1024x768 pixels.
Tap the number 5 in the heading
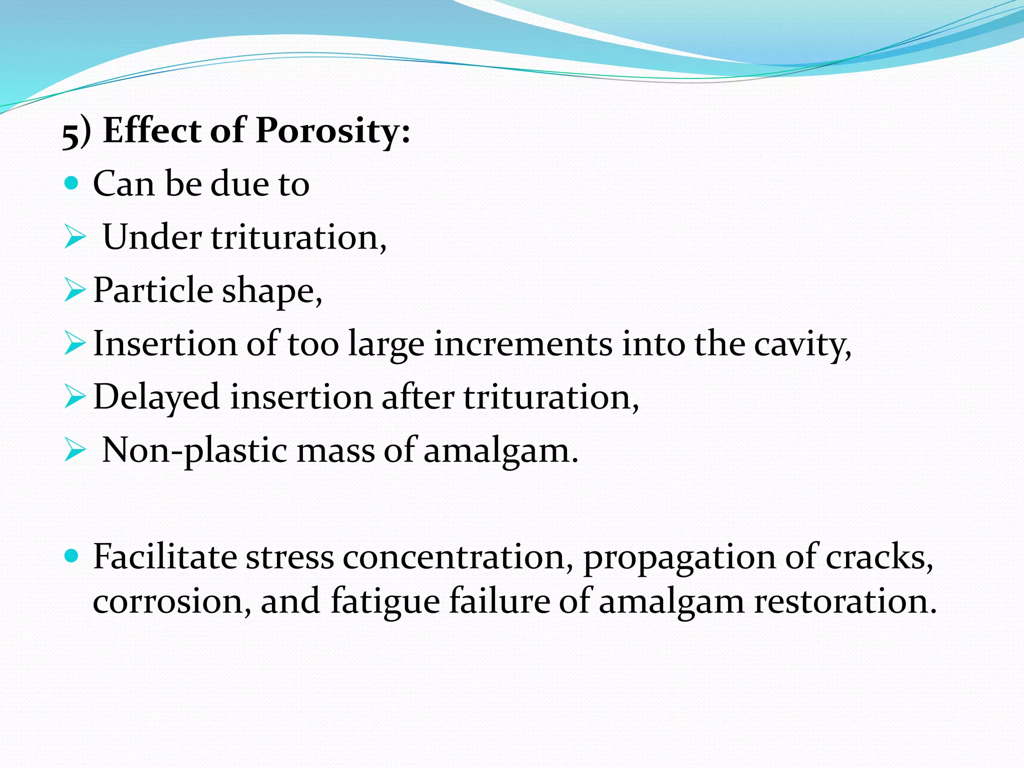tap(70, 133)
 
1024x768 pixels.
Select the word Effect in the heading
tap(152, 130)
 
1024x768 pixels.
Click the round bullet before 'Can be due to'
tap(72, 183)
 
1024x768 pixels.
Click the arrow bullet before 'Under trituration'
tap(75, 237)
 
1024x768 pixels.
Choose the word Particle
tap(153, 290)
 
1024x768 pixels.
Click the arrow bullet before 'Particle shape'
tap(75, 290)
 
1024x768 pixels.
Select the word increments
tap(522, 344)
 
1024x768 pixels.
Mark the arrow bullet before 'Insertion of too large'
tap(75, 344)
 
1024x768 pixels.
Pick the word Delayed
tap(156, 397)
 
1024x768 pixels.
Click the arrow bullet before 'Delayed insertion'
tap(75, 397)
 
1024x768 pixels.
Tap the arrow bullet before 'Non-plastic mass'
tap(75, 450)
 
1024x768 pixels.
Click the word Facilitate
tap(164, 556)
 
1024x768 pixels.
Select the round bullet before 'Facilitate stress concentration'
tap(72, 555)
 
